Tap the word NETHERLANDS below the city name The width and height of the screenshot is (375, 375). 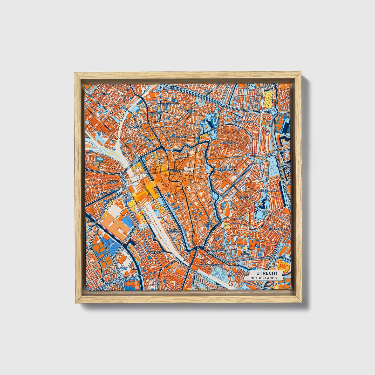(263, 278)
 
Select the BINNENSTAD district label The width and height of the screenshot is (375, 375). (176, 172)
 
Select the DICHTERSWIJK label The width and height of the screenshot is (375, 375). (154, 252)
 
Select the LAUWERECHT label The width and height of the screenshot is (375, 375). (155, 113)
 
